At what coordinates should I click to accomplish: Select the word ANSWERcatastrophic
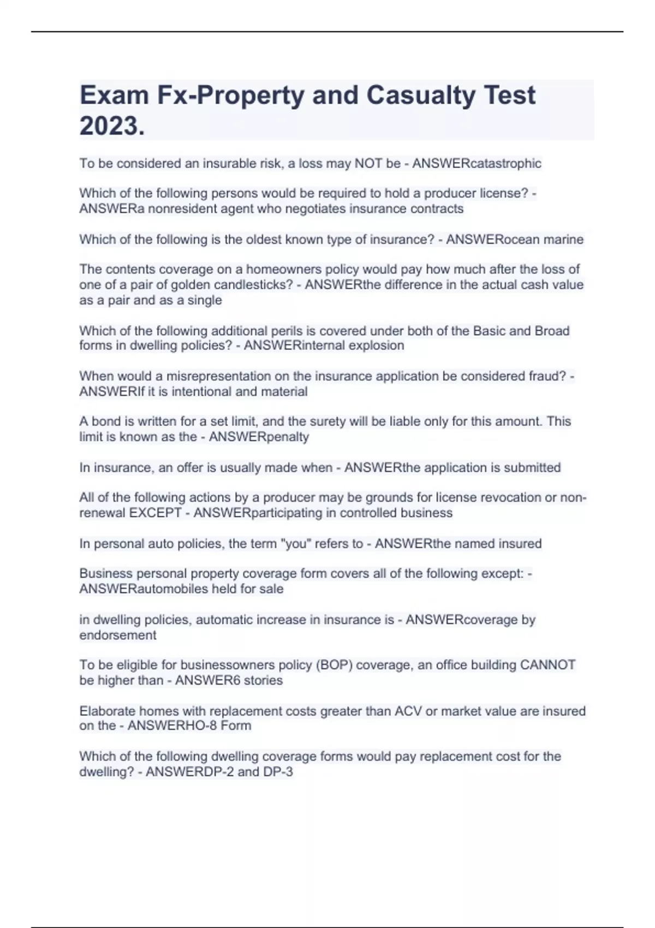pyautogui.click(x=477, y=163)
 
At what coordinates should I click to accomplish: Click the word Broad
pyautogui.click(x=552, y=331)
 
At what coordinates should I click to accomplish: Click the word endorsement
pyautogui.click(x=118, y=635)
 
